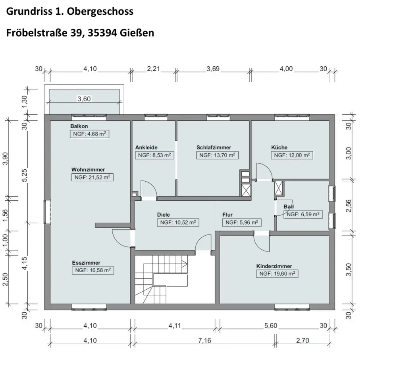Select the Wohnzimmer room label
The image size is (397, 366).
click(88, 170)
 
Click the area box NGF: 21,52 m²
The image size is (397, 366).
click(93, 177)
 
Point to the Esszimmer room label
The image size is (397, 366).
click(86, 263)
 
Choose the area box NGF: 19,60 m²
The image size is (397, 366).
click(277, 274)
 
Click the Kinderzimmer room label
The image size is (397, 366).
click(274, 266)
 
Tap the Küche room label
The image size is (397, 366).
click(279, 147)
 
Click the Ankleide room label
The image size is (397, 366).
click(146, 147)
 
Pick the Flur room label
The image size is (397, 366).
click(227, 215)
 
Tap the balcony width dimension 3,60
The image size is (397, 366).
click(84, 99)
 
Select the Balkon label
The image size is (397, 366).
click(79, 126)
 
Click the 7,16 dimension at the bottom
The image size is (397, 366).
click(204, 341)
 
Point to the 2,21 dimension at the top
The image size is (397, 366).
click(153, 69)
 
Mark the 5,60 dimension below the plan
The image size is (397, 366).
click(271, 325)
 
